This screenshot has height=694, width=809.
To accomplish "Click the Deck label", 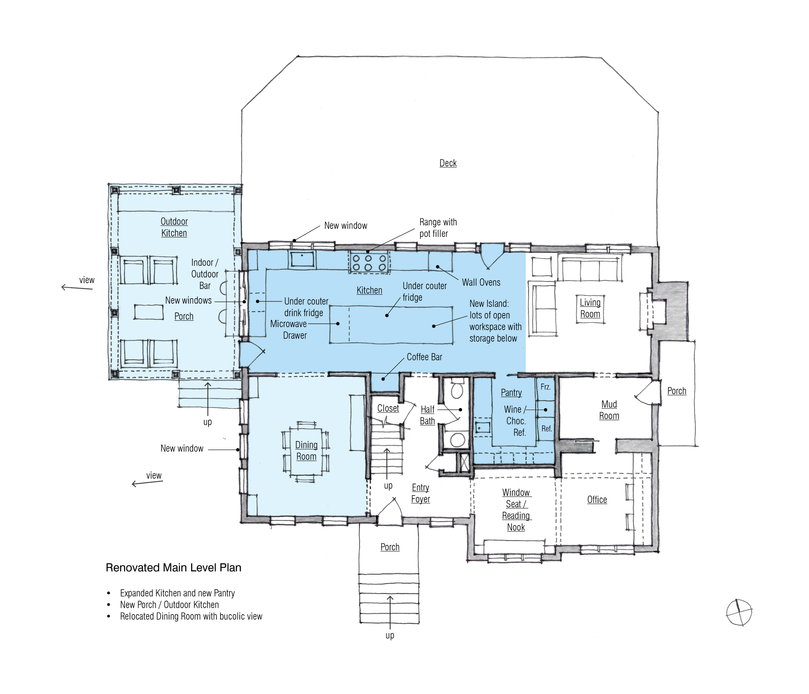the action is pos(448,163).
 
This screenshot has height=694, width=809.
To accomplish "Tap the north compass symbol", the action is pos(739,613).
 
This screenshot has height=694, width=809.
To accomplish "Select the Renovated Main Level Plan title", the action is pos(173,568).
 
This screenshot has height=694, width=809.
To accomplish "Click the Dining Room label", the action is pos(306,451).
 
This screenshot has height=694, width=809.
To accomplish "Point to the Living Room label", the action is pos(590,308).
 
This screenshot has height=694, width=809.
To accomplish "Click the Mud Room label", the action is pos(609,410).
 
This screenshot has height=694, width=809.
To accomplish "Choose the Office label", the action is pos(597,500).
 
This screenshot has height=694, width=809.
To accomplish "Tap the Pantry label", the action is pos(511,393).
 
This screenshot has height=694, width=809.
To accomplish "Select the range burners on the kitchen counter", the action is pos(369,263).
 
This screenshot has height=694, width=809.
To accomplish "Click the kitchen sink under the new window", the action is pos(303,259).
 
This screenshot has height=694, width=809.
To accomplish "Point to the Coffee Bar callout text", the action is pos(424,357).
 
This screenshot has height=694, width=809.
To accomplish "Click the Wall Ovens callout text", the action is pos(481,282).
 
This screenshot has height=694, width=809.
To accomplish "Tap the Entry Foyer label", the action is pos(420,494).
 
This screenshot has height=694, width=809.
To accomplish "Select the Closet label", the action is pos(388,408).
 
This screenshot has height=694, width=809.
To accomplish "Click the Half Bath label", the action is pos(427,415).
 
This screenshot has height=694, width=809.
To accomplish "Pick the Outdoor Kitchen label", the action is pos(174,227).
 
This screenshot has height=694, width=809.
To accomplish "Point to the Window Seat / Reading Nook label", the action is pos(516,510).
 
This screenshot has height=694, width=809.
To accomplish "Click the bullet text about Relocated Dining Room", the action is pos(191,616).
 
